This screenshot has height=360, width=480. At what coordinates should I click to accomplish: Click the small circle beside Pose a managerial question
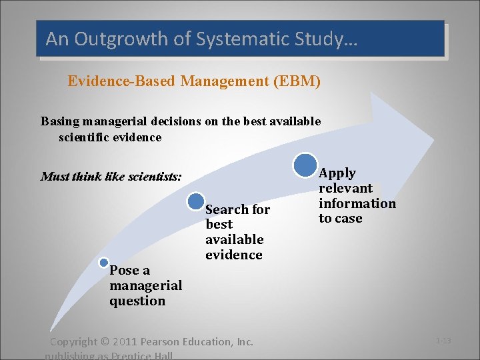tap(104, 263)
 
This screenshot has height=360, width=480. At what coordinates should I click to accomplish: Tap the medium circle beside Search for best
tap(196, 201)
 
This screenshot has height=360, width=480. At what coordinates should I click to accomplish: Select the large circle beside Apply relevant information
tap(305, 165)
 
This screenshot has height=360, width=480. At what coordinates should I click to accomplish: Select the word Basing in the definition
tap(60, 121)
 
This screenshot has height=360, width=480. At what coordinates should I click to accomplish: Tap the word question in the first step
tap(137, 301)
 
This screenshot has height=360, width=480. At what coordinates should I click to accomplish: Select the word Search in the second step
tap(227, 209)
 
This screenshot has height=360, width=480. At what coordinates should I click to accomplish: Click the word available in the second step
tap(235, 239)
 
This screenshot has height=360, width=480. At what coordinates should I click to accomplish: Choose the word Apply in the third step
tap(338, 173)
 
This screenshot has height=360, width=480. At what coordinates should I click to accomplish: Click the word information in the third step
tap(357, 203)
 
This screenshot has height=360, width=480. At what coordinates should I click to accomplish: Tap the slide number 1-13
tap(443, 341)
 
